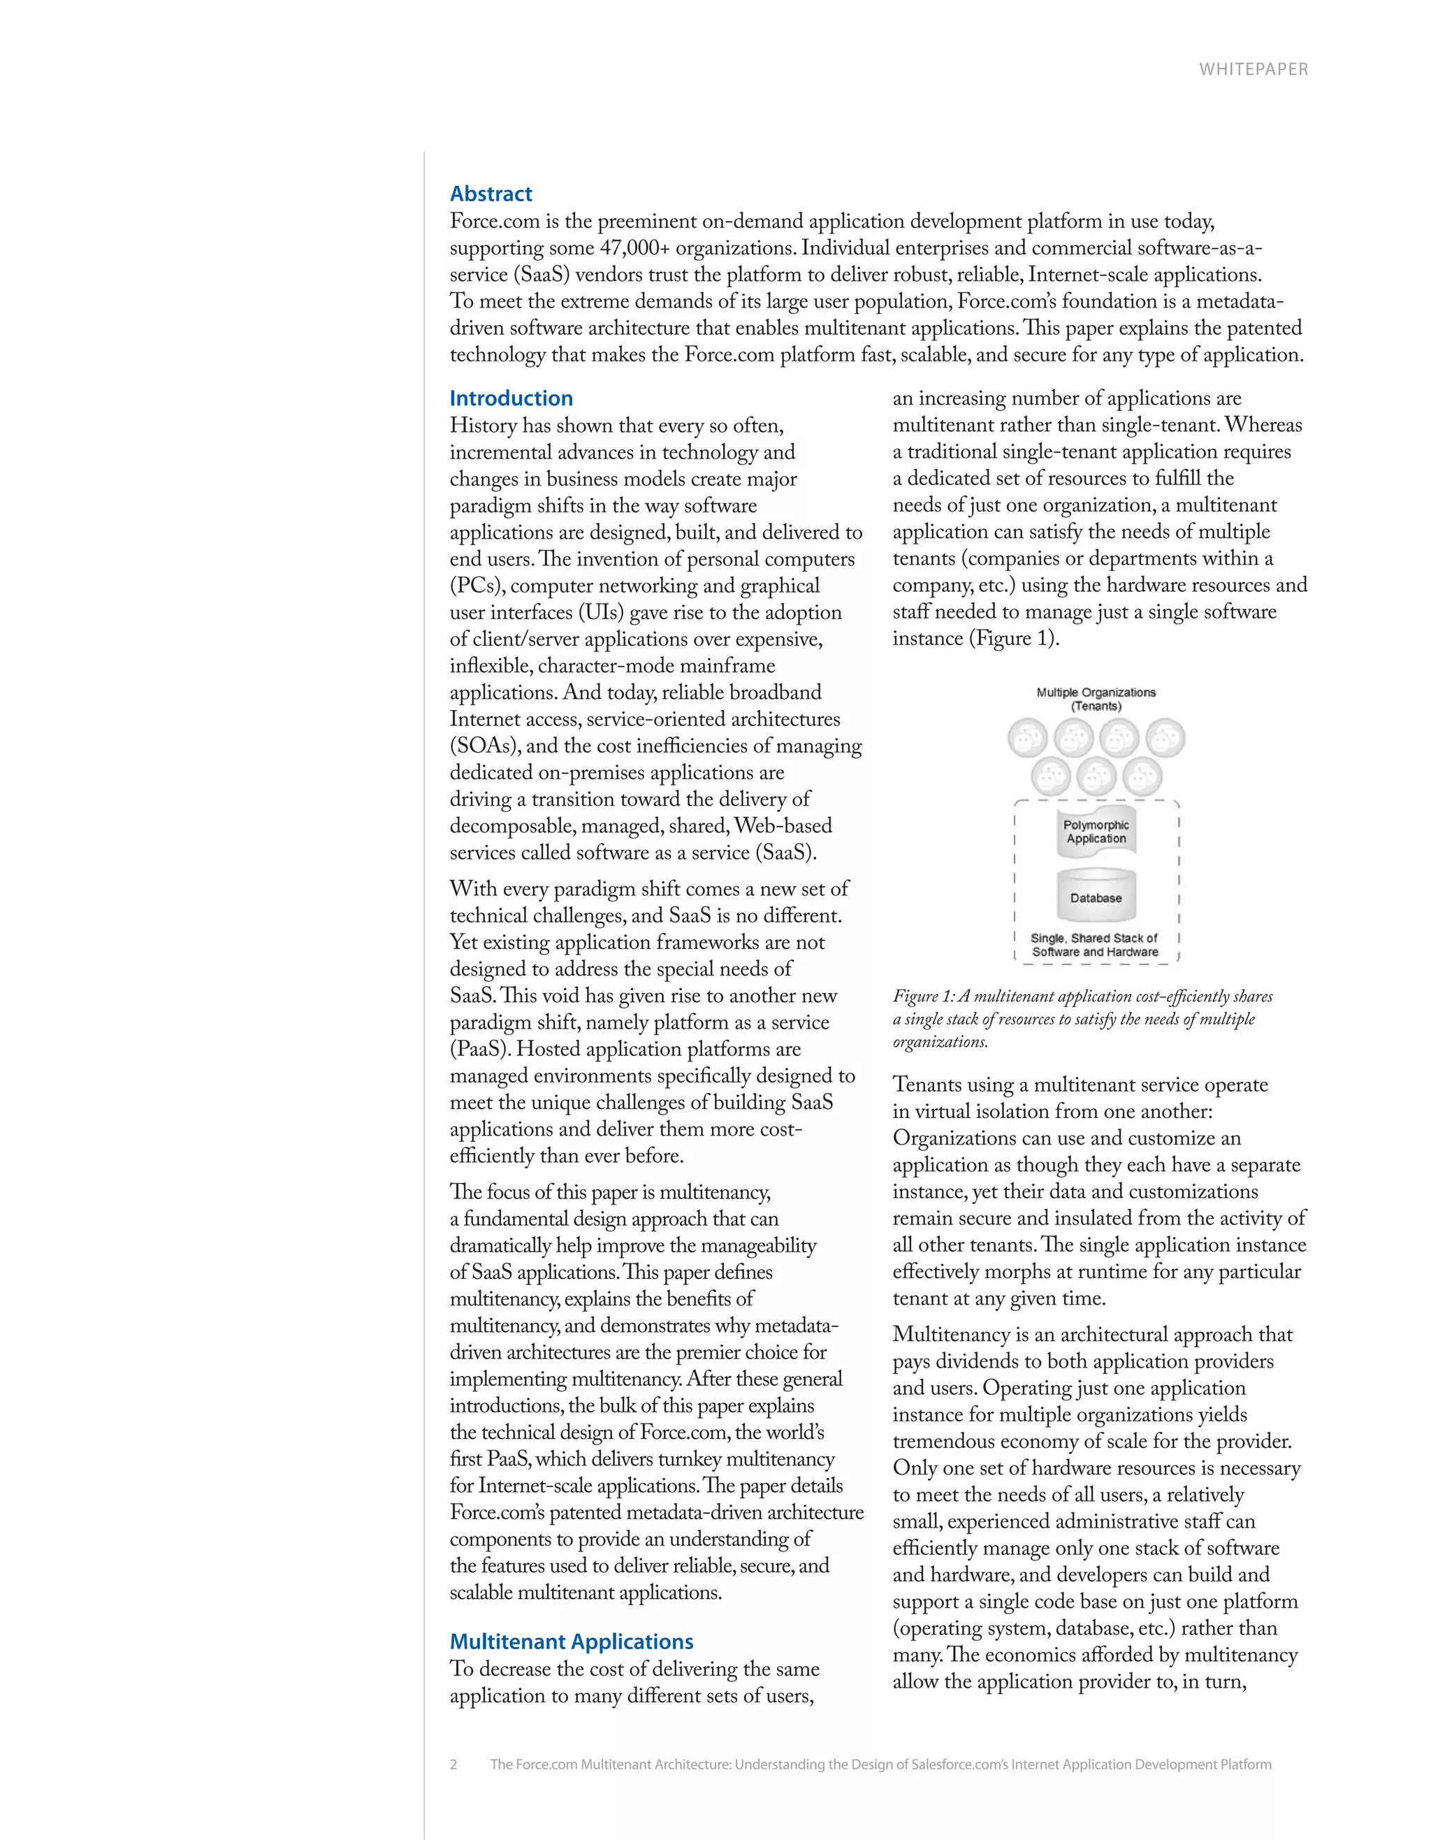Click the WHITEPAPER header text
pyautogui.click(x=1254, y=70)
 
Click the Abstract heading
pyautogui.click(x=491, y=194)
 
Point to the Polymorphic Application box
pyautogui.click(x=1096, y=832)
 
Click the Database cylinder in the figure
pyautogui.click(x=1096, y=897)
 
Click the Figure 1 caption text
pyautogui.click(x=1082, y=1019)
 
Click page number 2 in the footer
pyautogui.click(x=453, y=1764)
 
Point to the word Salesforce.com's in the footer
pyautogui.click(x=959, y=1764)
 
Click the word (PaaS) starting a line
pyautogui.click(x=479, y=1050)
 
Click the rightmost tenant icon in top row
pyautogui.click(x=1165, y=739)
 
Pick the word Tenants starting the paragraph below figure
pyautogui.click(x=928, y=1085)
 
